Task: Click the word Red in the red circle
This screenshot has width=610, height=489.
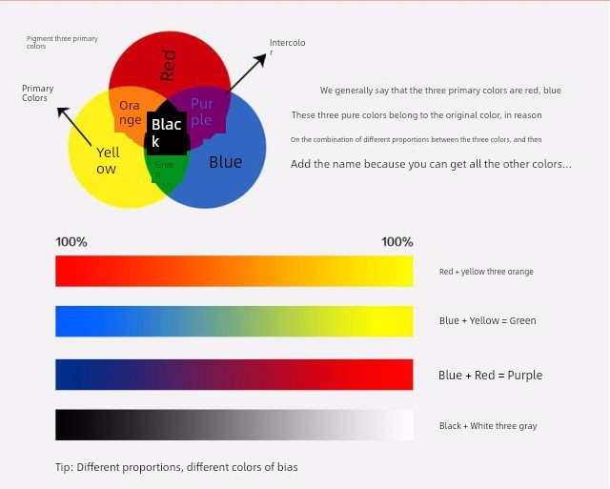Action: [x=169, y=66]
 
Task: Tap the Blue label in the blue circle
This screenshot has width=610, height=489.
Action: [x=226, y=162]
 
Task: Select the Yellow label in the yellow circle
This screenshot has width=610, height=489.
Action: [x=108, y=160]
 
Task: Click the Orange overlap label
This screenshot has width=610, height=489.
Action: [x=130, y=112]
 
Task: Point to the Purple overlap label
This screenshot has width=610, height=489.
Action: [x=202, y=112]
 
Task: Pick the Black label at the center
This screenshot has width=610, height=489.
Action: [x=166, y=132]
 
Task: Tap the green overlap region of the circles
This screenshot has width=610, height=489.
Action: [x=167, y=172]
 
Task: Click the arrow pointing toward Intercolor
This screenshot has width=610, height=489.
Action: [x=246, y=73]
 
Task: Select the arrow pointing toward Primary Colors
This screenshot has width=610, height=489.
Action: [x=74, y=127]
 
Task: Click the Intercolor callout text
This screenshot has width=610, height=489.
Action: [x=287, y=47]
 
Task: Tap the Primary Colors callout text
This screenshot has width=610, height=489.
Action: [x=37, y=93]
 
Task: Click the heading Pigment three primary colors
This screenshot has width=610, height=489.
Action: [x=62, y=42]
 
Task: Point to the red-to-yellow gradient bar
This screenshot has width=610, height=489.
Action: [x=234, y=271]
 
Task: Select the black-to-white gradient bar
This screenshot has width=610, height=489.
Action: [x=234, y=424]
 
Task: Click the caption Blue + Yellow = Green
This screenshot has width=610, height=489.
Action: [x=487, y=320]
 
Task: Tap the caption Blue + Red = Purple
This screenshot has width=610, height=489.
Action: [x=490, y=375]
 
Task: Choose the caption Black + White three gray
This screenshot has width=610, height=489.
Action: [x=488, y=426]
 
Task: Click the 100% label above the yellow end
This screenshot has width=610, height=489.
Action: [x=396, y=241]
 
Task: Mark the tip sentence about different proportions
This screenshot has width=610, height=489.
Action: [x=176, y=467]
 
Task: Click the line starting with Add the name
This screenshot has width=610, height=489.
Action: [x=431, y=164]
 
